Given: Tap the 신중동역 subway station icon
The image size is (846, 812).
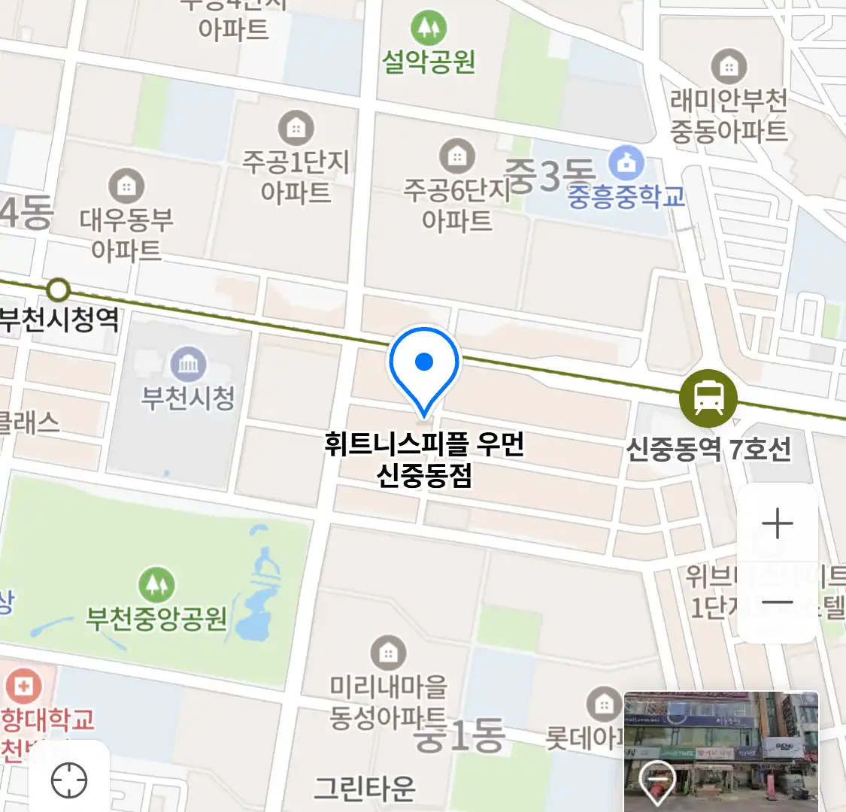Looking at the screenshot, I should pos(708,398).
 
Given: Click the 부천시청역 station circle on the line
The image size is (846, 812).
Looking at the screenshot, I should pos(58,290).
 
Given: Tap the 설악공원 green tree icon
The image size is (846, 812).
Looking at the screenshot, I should pos(429,29).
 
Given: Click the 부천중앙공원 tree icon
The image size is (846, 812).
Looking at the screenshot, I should pos(156,585).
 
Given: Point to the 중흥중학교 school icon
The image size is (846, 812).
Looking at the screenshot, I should pos(626,162).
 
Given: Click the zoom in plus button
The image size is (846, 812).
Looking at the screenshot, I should pos(777,523).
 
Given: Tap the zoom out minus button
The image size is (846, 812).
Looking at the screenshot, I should pos(777,601).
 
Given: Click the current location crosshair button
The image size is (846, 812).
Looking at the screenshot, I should pos(69,780).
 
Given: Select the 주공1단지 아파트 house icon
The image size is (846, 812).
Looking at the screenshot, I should pos(296,129).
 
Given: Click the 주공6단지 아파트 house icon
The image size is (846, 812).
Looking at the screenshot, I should pos(456,156).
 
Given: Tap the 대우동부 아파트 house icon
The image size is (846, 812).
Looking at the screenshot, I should pos(126,185).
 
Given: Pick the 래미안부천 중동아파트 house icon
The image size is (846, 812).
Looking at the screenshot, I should pos(728,67).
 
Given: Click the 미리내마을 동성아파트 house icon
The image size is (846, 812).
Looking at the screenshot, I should pos(388,653).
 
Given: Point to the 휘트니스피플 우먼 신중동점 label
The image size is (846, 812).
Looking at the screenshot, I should pos(424,459).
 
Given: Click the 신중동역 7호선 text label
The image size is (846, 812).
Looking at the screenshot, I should pos(708,450).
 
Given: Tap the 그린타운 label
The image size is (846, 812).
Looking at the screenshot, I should pos(365,787).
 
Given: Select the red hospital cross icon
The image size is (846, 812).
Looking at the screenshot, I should pos(23,685).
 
